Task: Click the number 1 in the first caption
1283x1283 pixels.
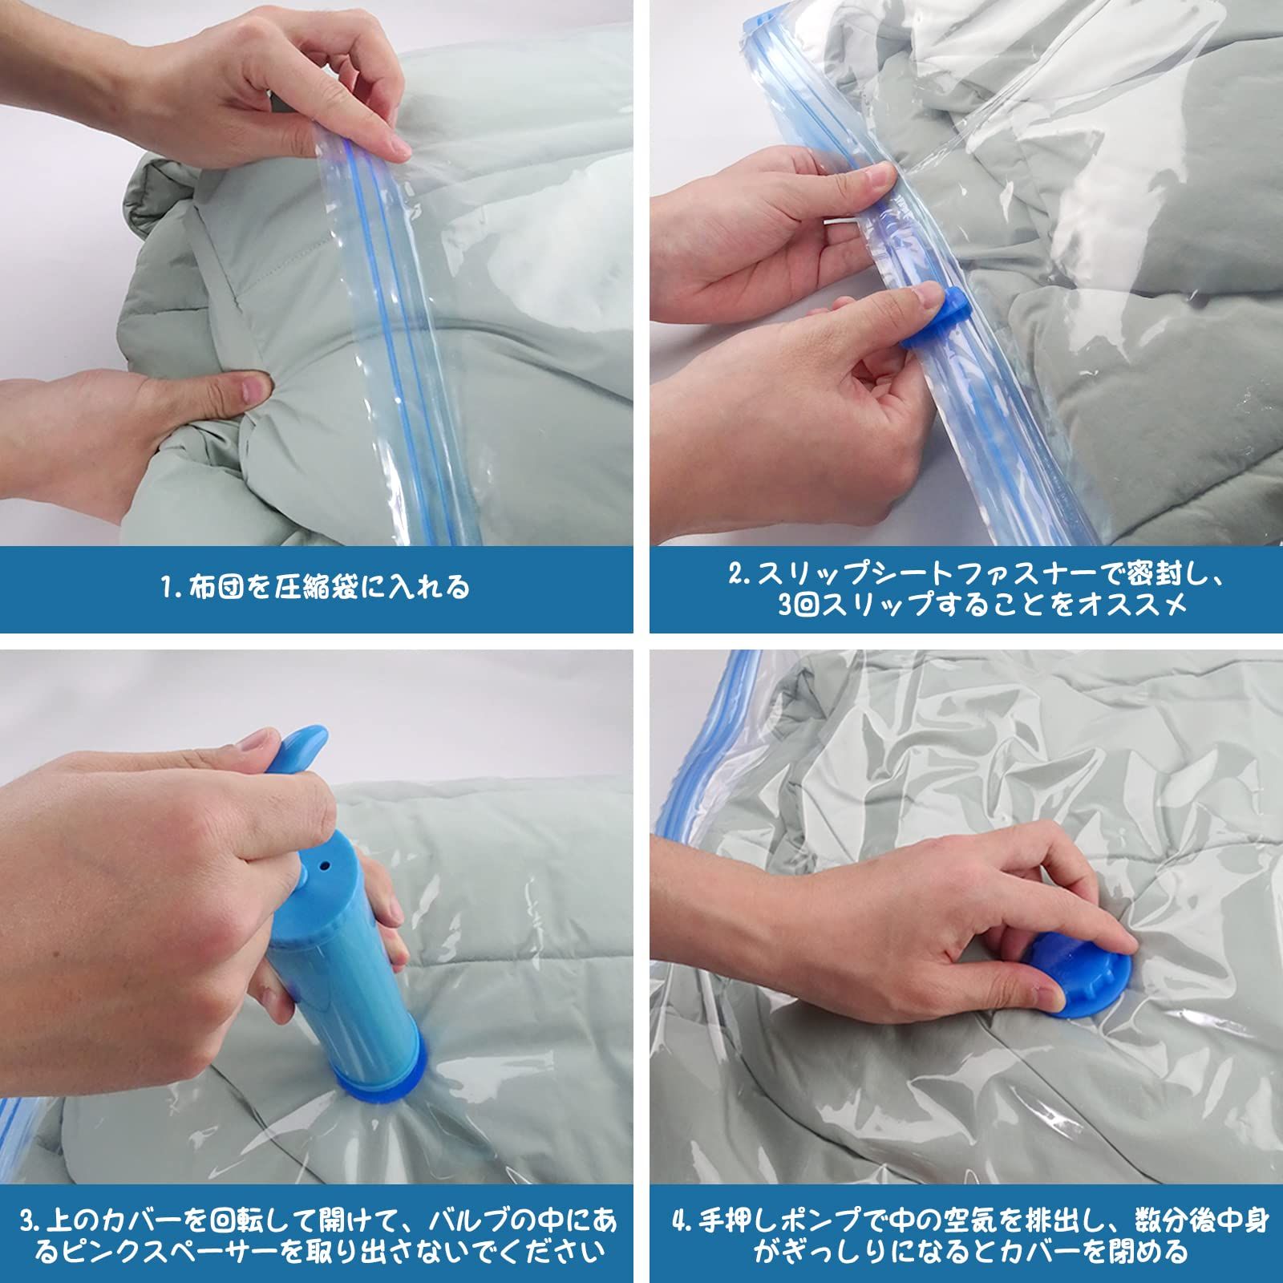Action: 166,588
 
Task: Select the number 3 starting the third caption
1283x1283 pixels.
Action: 29,1223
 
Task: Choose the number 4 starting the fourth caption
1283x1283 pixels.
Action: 681,1223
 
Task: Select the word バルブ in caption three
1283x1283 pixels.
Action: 464,1223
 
